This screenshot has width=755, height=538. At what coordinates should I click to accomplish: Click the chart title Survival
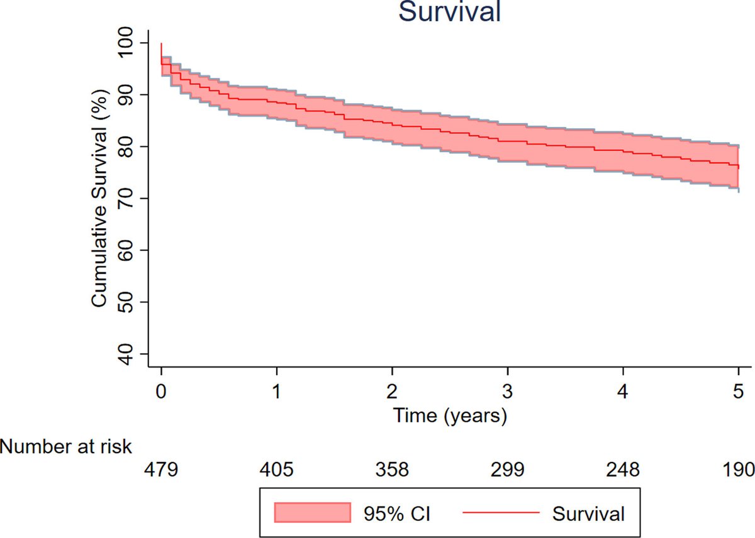450,13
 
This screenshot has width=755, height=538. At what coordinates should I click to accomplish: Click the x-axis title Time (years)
450,415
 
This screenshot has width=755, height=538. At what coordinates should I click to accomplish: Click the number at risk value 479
162,470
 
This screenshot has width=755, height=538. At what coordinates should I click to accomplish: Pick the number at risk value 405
277,470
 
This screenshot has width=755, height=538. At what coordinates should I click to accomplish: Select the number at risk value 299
508,470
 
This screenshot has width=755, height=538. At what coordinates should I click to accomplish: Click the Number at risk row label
66,447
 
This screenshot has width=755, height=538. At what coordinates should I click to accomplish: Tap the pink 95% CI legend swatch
312,513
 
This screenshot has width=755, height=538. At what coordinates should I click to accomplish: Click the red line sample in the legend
501,513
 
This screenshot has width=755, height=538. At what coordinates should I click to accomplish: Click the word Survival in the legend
589,513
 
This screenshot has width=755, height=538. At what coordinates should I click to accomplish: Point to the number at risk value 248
623,470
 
